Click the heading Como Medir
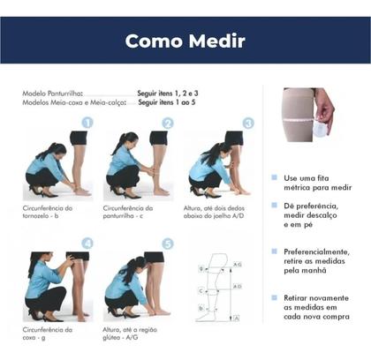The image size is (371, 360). coord(185,41)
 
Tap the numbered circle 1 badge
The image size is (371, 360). coord(87,124)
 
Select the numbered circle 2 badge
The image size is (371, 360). coord(167,124)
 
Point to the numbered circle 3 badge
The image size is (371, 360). coord(248,124)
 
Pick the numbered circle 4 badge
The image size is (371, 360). coord(87,244)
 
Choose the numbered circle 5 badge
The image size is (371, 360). coord(168,244)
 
